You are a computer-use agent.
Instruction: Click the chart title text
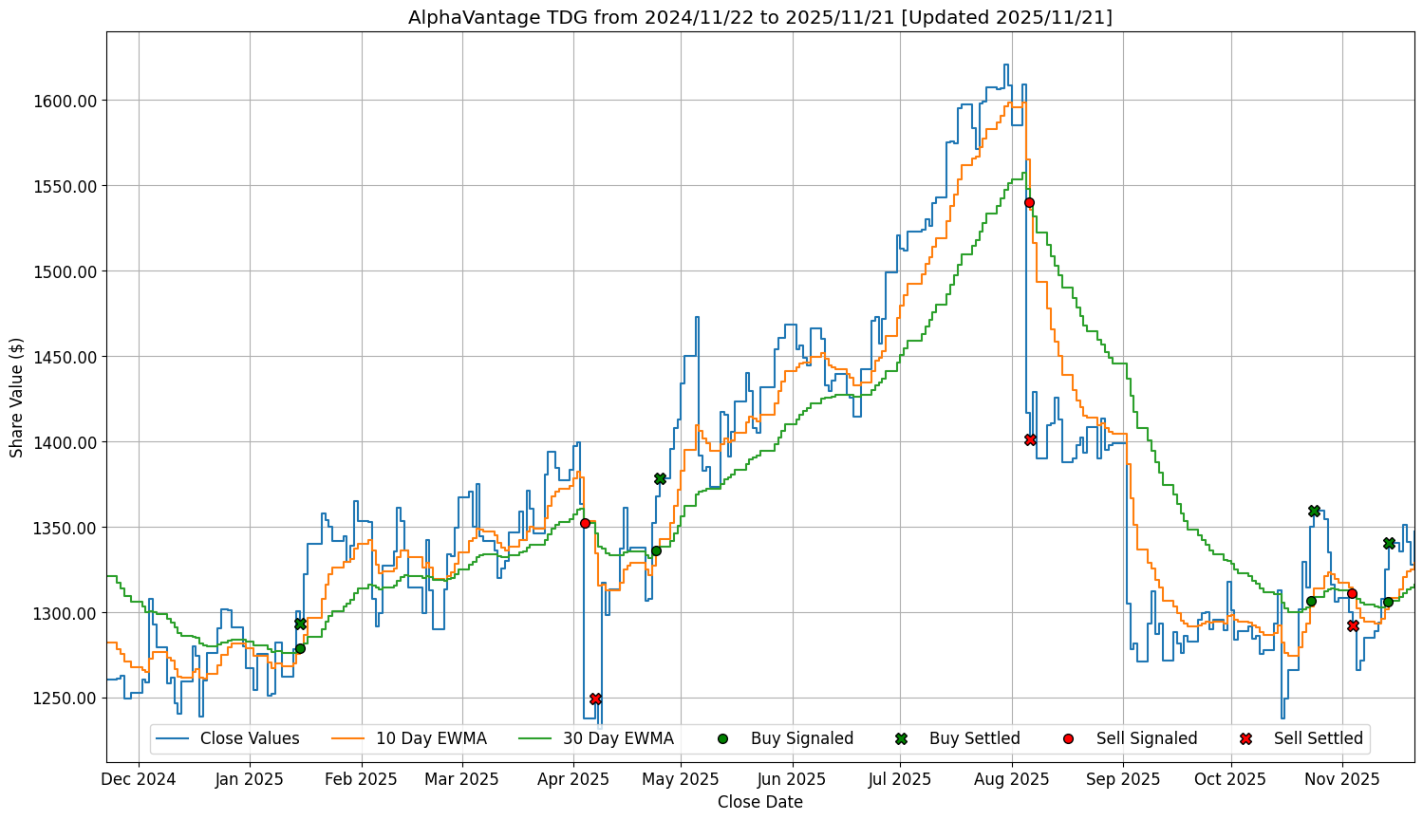[x=759, y=17]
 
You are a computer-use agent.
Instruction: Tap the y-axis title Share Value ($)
[x=17, y=397]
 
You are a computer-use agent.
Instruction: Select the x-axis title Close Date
[x=759, y=802]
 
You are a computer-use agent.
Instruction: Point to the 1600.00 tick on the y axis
[x=68, y=101]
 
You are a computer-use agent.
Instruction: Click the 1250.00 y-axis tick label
[x=68, y=699]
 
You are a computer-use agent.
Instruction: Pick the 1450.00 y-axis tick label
[x=68, y=357]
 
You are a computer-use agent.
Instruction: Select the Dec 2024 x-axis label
[x=139, y=779]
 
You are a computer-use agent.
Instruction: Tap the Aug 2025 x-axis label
[x=1012, y=779]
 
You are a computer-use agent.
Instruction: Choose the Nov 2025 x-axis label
[x=1342, y=779]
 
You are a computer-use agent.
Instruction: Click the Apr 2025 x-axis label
[x=573, y=779]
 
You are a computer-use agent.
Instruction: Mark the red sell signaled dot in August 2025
[x=1029, y=202]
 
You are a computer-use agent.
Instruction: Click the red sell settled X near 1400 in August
[x=1030, y=439]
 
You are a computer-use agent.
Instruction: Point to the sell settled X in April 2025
[x=595, y=699]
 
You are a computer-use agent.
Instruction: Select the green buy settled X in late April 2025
[x=660, y=478]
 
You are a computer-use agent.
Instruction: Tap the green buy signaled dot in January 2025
[x=300, y=648]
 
